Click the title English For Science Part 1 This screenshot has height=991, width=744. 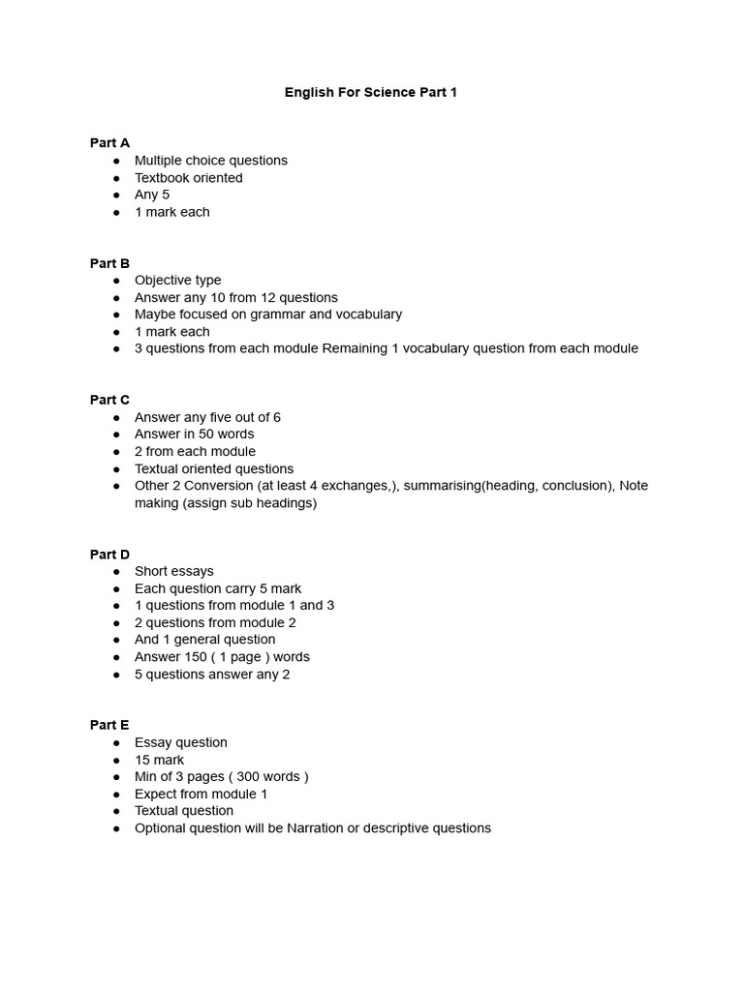coord(371,92)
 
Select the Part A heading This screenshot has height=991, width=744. coord(109,142)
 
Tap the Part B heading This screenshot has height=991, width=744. coord(109,263)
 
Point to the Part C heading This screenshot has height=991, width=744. coord(109,400)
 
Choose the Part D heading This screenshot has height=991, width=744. coord(109,555)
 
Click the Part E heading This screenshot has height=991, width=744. coord(109,725)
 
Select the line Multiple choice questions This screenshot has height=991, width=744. coord(210,161)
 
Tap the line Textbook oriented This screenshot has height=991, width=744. coord(188,178)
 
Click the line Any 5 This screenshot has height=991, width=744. coord(152,195)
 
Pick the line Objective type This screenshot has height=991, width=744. coord(177,281)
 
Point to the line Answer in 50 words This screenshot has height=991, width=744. coord(194,435)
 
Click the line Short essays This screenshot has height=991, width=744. coord(173,571)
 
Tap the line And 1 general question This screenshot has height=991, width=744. coord(204,640)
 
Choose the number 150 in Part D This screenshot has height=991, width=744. coord(194,657)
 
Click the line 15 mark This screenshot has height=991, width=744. coord(159,760)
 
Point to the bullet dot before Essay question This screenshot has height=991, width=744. coord(116,743)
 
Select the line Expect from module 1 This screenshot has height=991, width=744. coord(201,795)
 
